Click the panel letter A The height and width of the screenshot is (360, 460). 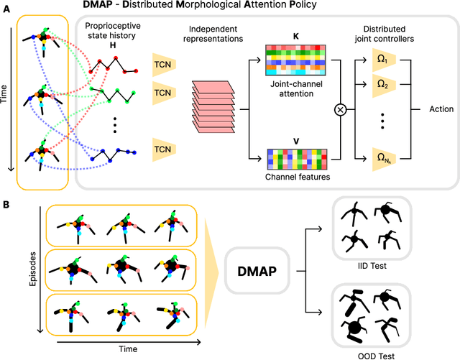coord(6,6)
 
